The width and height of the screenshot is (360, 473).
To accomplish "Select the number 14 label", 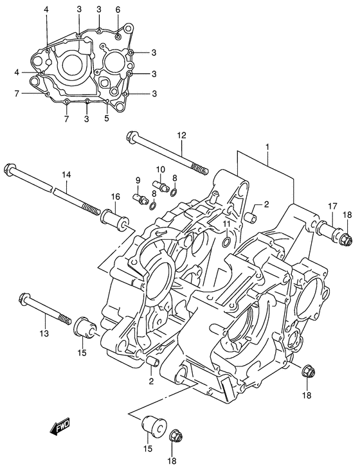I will [x=66, y=175].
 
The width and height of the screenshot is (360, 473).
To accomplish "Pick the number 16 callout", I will [x=115, y=197].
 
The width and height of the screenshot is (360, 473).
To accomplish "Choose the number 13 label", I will [x=44, y=333].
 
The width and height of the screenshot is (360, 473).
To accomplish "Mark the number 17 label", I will [x=333, y=206].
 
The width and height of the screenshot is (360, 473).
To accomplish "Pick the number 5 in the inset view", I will [x=107, y=118].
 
